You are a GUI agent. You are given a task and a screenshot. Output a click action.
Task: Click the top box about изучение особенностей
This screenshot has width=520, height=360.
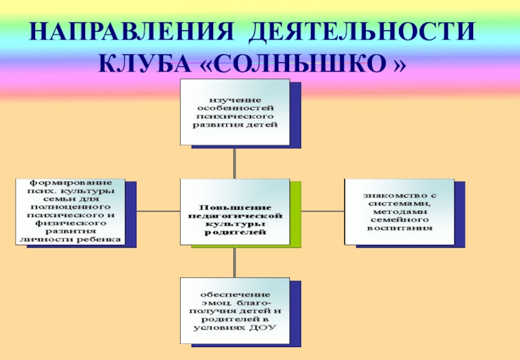point(235,111)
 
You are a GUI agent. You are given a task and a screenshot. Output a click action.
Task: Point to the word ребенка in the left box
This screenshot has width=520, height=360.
point(100,240)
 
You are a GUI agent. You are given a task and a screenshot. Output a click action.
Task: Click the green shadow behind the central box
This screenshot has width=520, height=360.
point(296,214)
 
